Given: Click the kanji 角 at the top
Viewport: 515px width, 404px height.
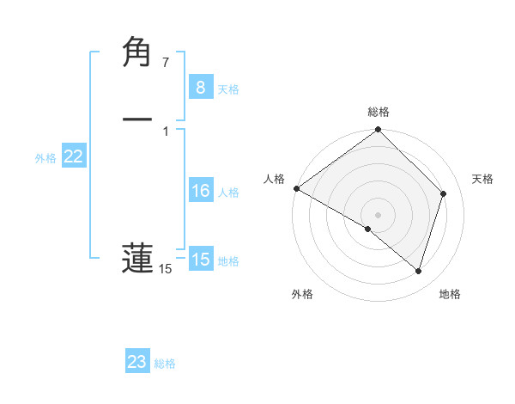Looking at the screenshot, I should pyautogui.click(x=137, y=53).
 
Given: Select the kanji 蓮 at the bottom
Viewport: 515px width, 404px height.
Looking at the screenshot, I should pyautogui.click(x=137, y=257).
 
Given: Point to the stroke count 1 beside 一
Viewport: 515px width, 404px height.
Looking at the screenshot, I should pyautogui.click(x=165, y=131).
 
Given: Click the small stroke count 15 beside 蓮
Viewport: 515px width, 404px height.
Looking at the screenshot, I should pyautogui.click(x=165, y=270).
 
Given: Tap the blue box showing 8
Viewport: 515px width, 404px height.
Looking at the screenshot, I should pyautogui.click(x=200, y=88).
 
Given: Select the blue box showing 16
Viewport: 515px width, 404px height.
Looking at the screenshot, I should pyautogui.click(x=200, y=191).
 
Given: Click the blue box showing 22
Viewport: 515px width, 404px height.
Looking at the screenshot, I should pyautogui.click(x=73, y=156).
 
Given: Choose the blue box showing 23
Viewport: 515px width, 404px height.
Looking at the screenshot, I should pyautogui.click(x=137, y=362).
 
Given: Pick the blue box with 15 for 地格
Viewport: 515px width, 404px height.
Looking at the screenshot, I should pyautogui.click(x=200, y=260).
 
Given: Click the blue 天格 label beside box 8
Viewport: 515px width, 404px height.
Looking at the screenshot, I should pyautogui.click(x=228, y=89).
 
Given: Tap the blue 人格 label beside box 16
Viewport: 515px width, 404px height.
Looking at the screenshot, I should pyautogui.click(x=228, y=193).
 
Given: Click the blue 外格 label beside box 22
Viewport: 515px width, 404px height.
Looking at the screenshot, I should pyautogui.click(x=45, y=158).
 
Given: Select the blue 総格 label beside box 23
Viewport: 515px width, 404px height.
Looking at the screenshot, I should pyautogui.click(x=165, y=364).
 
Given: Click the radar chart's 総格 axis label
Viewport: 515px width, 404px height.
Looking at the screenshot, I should pyautogui.click(x=379, y=112).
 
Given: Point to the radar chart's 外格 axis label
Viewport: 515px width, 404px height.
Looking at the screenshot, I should pyautogui.click(x=302, y=294).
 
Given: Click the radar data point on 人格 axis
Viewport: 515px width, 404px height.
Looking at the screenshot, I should pyautogui.click(x=296, y=188).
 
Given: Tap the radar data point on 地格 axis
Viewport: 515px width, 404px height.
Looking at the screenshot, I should pyautogui.click(x=419, y=271).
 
